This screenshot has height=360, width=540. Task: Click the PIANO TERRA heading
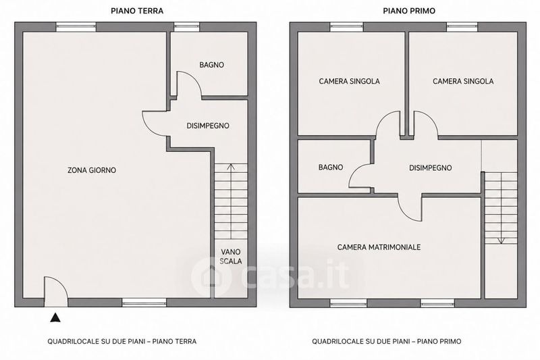click(x=137, y=11)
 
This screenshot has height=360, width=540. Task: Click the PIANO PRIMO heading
click(x=409, y=11)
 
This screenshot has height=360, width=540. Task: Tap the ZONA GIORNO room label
click(x=92, y=170)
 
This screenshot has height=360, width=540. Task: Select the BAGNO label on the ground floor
click(x=211, y=65)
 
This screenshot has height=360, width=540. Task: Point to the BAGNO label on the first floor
click(x=331, y=167)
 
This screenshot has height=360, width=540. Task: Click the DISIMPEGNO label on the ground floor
click(x=208, y=126)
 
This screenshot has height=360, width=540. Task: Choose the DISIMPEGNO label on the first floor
click(x=431, y=168)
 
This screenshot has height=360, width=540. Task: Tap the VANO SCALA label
click(x=231, y=257)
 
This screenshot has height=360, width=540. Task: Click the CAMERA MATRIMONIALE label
click(x=379, y=247)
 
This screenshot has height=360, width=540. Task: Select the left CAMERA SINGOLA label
click(x=349, y=81)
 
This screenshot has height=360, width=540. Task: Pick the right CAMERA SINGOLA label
click(x=463, y=81)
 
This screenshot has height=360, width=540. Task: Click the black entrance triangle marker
click(x=55, y=317)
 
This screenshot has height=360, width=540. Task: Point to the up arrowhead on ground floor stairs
click(x=231, y=167)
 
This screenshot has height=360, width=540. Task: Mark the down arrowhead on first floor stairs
click(x=501, y=240)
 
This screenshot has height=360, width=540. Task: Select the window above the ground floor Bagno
click(x=187, y=27)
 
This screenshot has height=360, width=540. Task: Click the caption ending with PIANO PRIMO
click(x=386, y=341)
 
